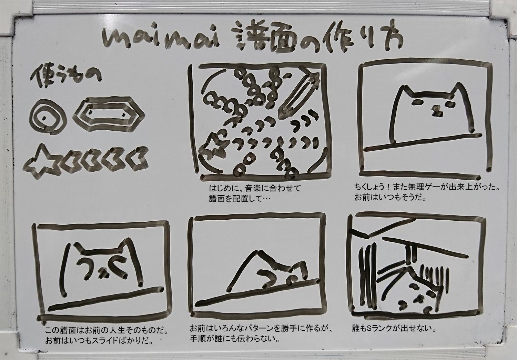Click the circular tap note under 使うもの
point(48,117)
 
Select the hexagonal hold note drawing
point(109,113)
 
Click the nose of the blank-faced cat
point(437,111)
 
